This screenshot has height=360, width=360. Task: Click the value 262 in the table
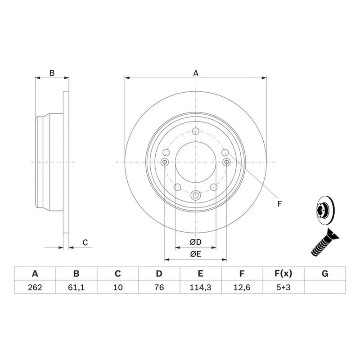[x=35, y=287]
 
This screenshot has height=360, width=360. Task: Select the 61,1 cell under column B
[x=76, y=287]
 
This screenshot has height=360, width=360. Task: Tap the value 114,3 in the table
[x=200, y=287]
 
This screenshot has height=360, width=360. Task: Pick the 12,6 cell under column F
[x=242, y=287]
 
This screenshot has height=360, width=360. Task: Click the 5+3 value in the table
[x=283, y=287]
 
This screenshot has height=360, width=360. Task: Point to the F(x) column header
[x=283, y=274]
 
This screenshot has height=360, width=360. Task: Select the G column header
[x=325, y=274]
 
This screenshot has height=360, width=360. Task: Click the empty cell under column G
[x=325, y=287]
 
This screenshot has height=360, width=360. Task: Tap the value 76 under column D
[x=159, y=287]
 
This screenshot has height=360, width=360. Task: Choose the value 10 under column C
[x=118, y=287]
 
